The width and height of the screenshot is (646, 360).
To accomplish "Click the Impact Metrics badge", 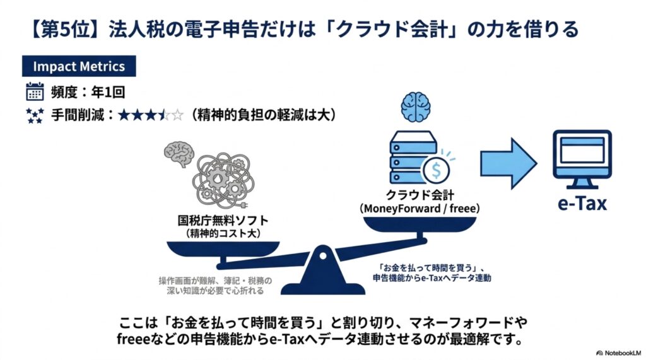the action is coord(79,66).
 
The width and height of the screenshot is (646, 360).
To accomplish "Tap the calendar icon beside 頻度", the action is coord(35,91).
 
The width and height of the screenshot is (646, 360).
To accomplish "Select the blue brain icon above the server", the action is coord(416,107).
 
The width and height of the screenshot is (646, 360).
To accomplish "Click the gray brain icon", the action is coord(179,154).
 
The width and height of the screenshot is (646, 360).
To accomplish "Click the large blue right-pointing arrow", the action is coord(508,163).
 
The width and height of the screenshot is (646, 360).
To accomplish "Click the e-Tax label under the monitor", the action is coord(582,203).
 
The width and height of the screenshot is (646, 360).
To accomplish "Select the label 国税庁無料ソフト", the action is coord(223,221).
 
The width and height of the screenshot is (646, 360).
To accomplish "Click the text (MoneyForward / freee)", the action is coord(420,209).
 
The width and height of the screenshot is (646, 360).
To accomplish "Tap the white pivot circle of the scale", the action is coord(323,256).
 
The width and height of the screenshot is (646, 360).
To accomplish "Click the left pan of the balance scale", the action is coord(223,249).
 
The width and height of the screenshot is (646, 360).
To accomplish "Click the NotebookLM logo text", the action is coord(623,353).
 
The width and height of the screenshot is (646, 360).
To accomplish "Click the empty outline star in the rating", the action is coord(177,115).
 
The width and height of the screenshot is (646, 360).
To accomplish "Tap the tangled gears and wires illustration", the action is coord(223,180).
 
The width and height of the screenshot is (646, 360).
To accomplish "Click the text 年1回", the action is coord(108,92).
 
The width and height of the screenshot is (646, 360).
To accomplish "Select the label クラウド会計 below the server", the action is coord(420,195).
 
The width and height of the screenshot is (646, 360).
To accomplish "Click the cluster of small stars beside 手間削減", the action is coord(35,115).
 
